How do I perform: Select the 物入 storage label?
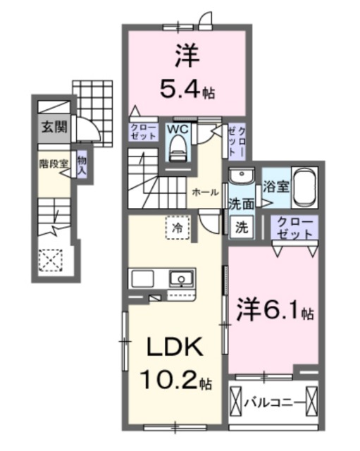point(82,165)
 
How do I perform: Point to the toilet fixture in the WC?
point(177,147)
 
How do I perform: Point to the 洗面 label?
point(241,204)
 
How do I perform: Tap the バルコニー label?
point(275,402)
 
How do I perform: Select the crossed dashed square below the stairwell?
point(51,261)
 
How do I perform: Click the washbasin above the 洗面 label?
point(242,176)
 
